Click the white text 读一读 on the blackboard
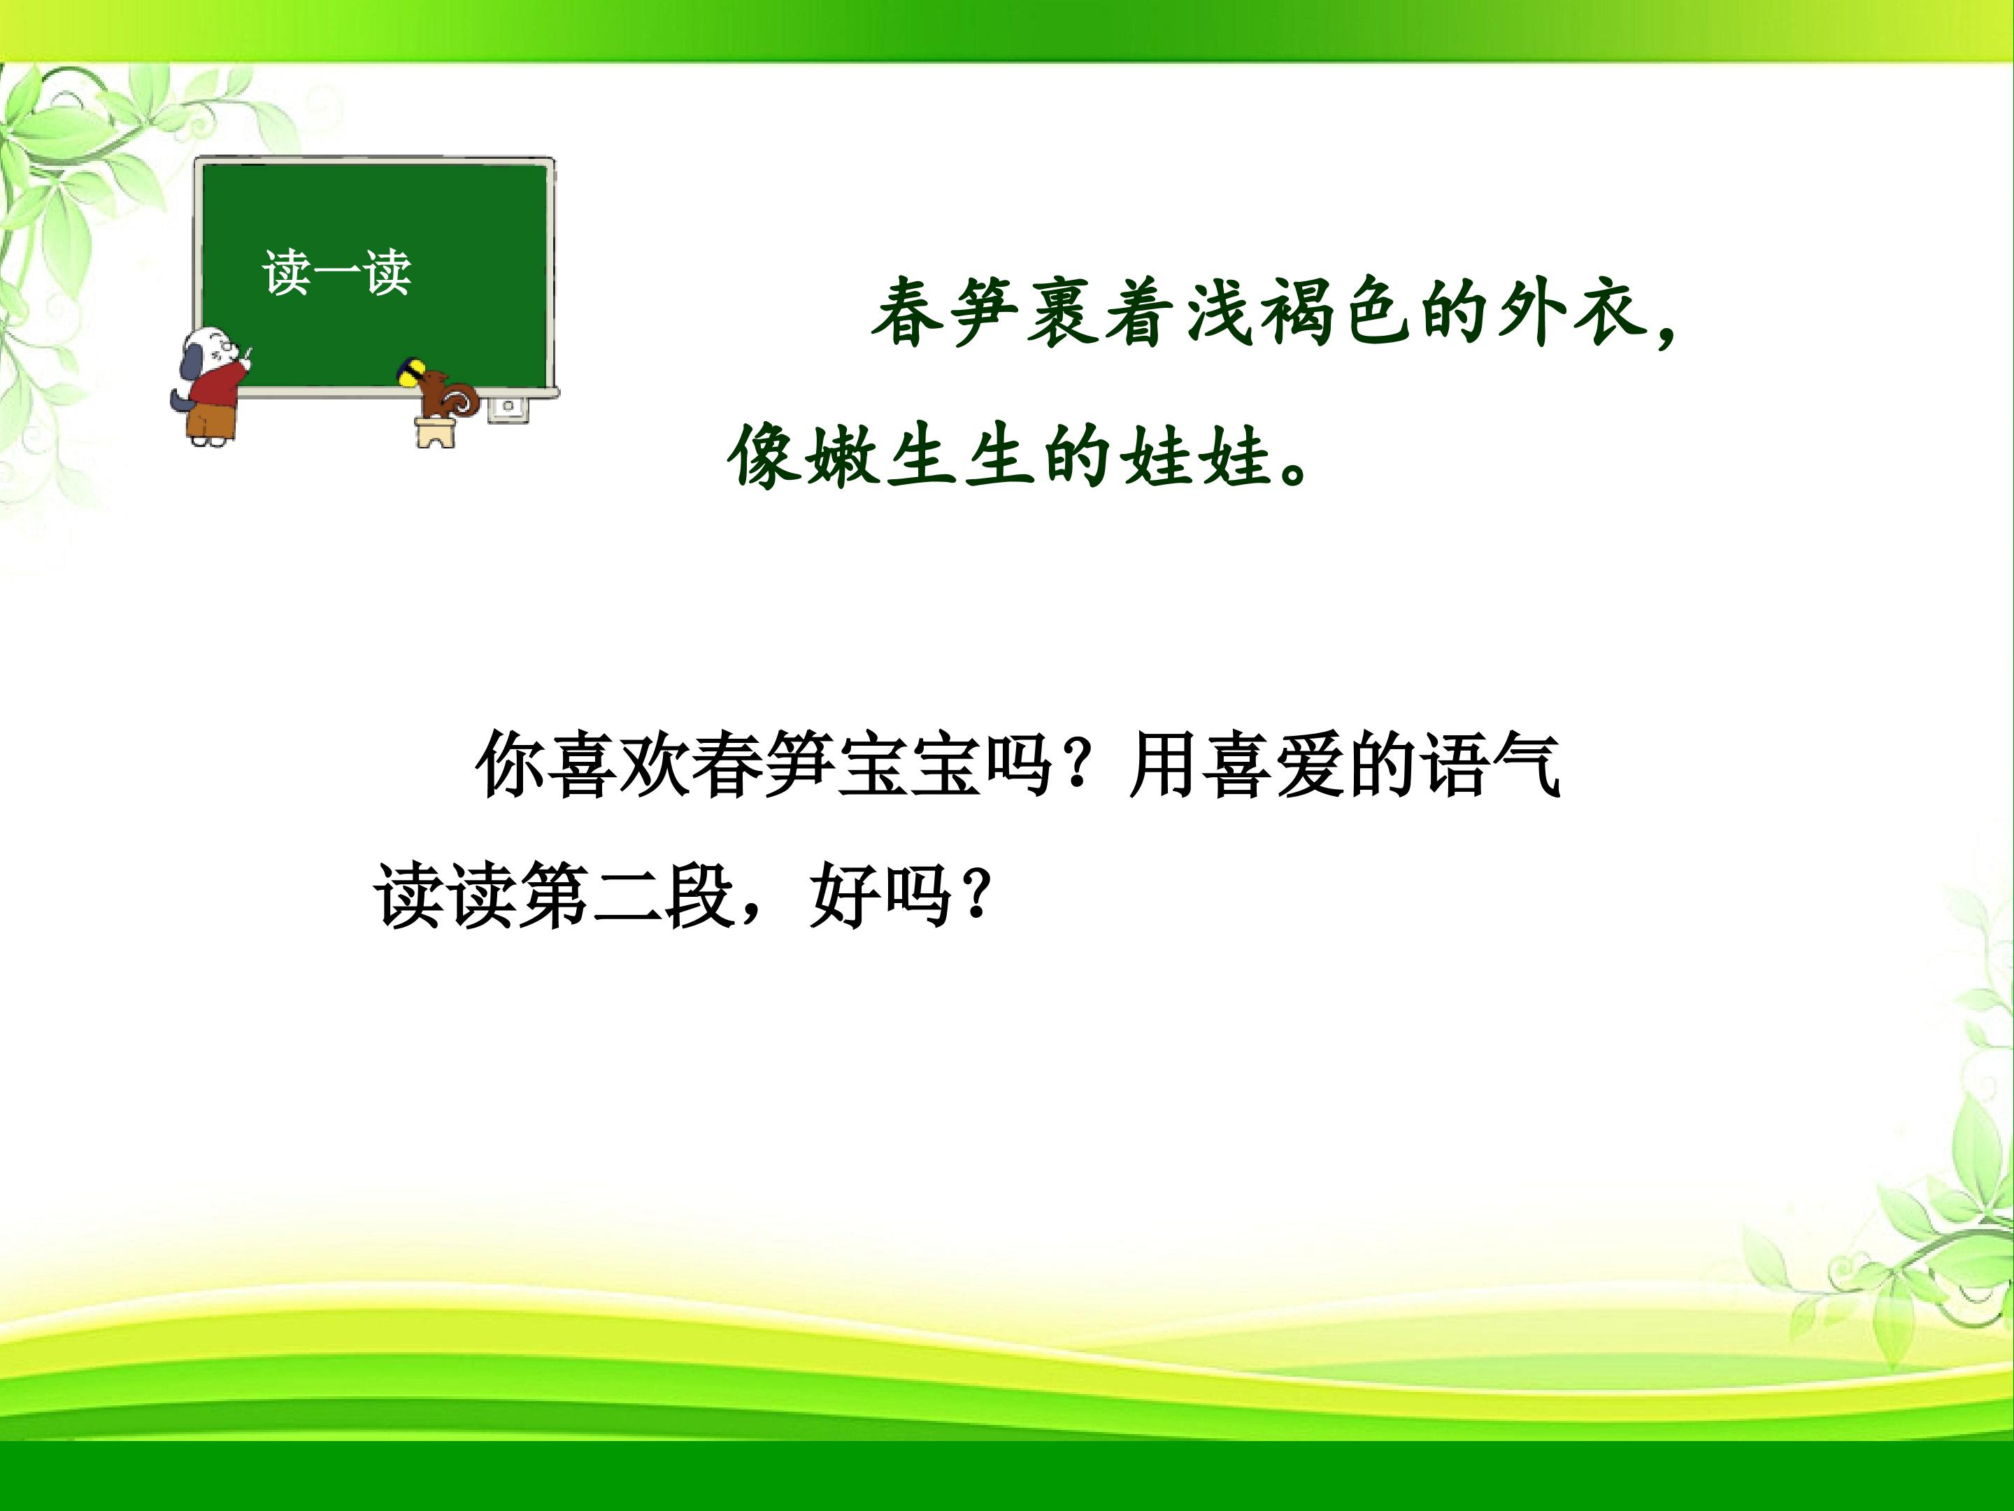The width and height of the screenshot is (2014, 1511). click(337, 272)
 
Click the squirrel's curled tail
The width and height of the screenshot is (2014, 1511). click(462, 398)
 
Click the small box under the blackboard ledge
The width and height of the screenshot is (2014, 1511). click(508, 406)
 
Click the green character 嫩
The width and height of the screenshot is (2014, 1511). click(841, 455)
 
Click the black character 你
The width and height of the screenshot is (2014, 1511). click(510, 765)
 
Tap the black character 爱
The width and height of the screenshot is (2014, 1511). click(1308, 765)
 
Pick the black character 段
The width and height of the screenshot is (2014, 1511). click(699, 896)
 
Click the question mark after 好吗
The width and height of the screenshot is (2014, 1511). click(975, 897)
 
